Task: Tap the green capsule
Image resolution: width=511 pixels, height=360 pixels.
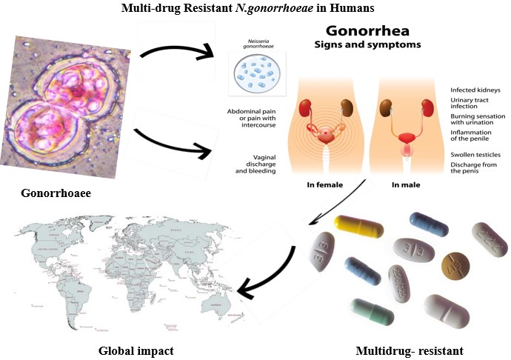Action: click(x=372, y=310)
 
